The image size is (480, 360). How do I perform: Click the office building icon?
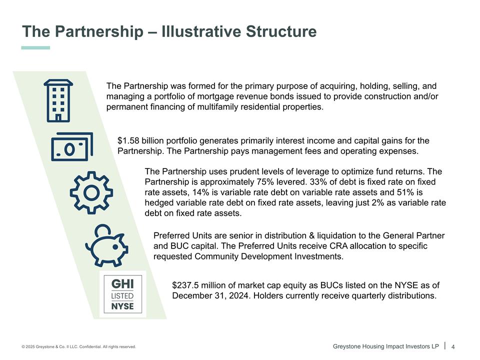[58, 100]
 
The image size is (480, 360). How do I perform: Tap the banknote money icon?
[72, 147]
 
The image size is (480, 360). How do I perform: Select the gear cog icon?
[91, 192]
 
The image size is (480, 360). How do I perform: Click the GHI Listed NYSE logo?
[123, 294]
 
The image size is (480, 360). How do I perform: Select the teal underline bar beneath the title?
[35, 48]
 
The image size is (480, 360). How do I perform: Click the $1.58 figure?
[128, 141]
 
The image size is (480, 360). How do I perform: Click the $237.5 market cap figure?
[185, 285]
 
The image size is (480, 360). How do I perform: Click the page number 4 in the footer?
[453, 347]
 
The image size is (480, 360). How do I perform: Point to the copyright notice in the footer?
[78, 347]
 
